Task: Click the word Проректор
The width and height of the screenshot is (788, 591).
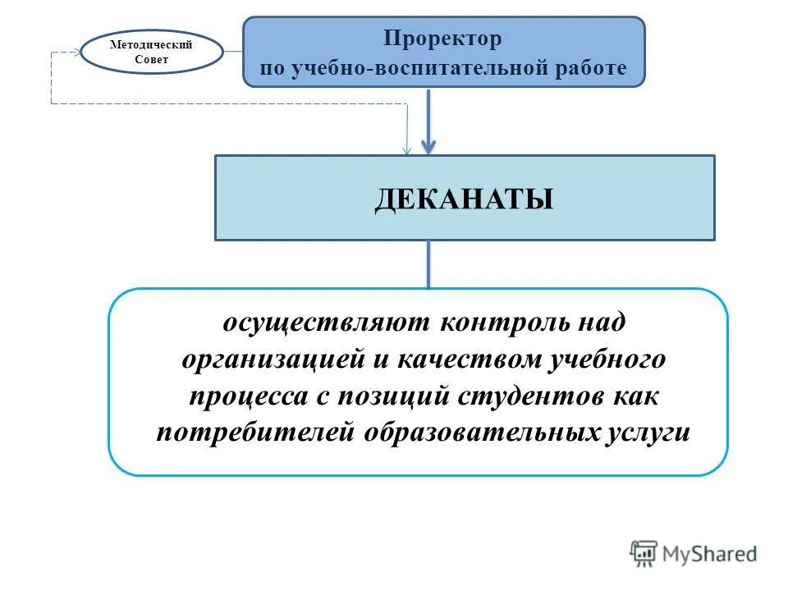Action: click(x=443, y=39)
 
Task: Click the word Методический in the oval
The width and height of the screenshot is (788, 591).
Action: click(x=151, y=44)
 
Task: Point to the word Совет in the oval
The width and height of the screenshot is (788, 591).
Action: click(x=151, y=60)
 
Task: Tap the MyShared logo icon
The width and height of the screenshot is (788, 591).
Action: click(x=644, y=554)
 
